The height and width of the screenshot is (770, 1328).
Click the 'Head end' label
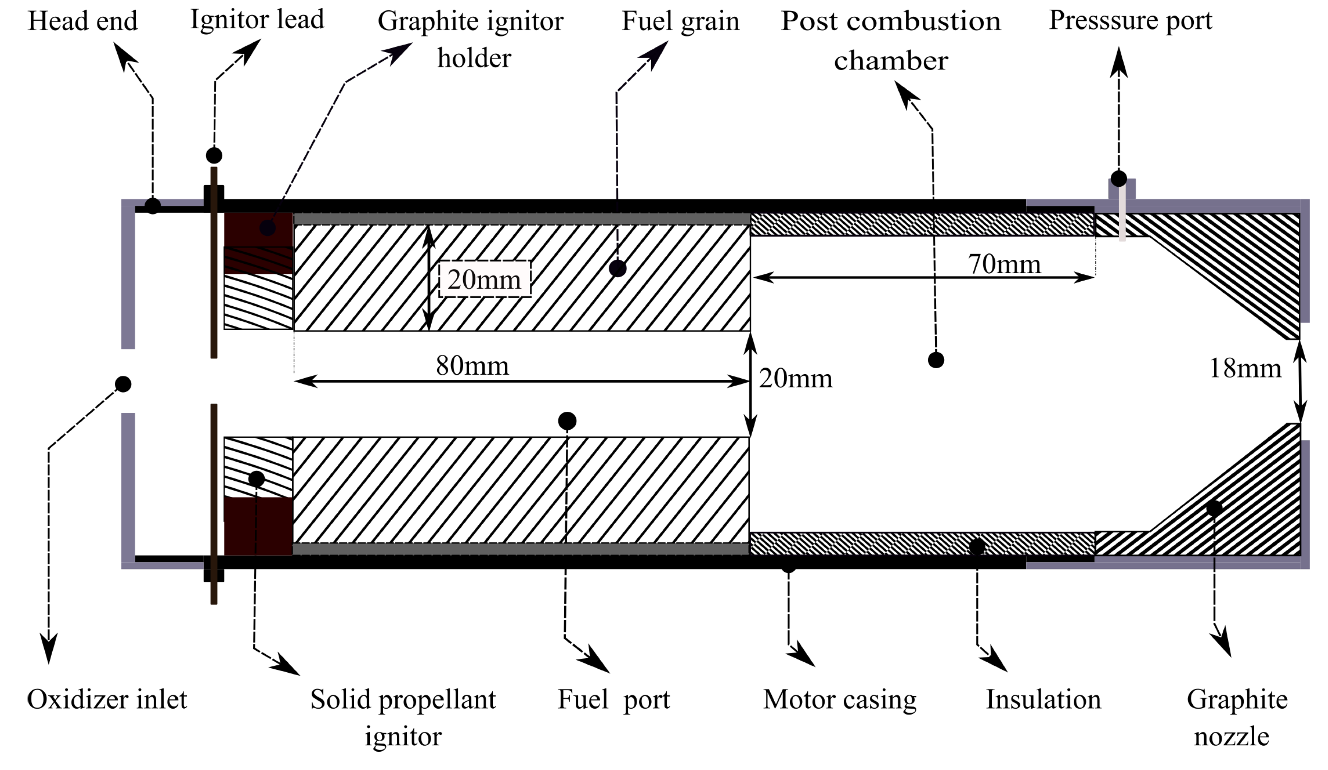pyautogui.click(x=82, y=22)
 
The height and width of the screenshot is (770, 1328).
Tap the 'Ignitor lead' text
pyautogui.click(x=257, y=20)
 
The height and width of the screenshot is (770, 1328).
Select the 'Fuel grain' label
pyautogui.click(x=680, y=22)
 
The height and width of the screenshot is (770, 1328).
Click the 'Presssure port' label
pyautogui.click(x=1130, y=20)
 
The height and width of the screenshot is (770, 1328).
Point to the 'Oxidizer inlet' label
pyautogui.click(x=107, y=700)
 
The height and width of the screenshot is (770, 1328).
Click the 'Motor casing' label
pyautogui.click(x=840, y=700)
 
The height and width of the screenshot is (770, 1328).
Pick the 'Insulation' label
pyautogui.click(x=1043, y=700)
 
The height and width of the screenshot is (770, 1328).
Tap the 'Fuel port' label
pyautogui.click(x=613, y=700)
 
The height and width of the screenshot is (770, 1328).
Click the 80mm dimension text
pyautogui.click(x=472, y=365)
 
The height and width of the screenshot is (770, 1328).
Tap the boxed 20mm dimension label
pyautogui.click(x=484, y=280)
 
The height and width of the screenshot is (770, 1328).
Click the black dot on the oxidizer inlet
pyautogui.click(x=123, y=384)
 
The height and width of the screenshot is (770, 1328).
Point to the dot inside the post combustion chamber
pyautogui.click(x=936, y=360)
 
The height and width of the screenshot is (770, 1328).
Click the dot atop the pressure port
pyautogui.click(x=1119, y=179)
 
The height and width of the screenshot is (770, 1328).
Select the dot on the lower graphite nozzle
pyautogui.click(x=1214, y=508)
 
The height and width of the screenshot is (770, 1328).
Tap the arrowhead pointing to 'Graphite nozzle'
pyautogui.click(x=1224, y=644)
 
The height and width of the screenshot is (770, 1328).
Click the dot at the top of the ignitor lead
pyautogui.click(x=214, y=155)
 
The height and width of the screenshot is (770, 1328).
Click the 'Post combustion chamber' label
pyautogui.click(x=891, y=41)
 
